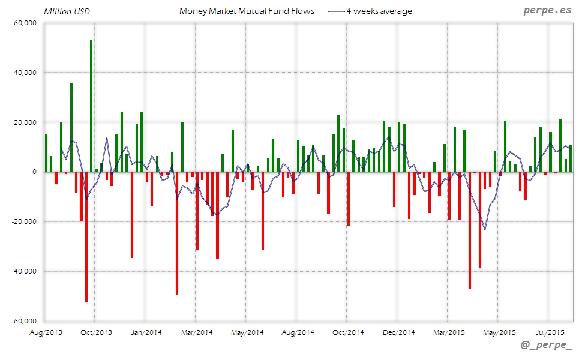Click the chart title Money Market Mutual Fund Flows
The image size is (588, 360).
tap(247, 11)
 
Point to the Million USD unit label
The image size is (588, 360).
tap(66, 11)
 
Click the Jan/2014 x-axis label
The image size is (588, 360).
tap(146, 332)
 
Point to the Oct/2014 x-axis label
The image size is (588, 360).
tap(348, 332)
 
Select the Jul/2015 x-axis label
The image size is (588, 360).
tap(549, 332)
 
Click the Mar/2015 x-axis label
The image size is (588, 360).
tap(449, 332)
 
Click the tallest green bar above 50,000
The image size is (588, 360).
tap(91, 106)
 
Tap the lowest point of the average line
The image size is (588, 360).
tap(485, 230)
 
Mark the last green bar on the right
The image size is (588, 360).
tap(571, 158)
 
